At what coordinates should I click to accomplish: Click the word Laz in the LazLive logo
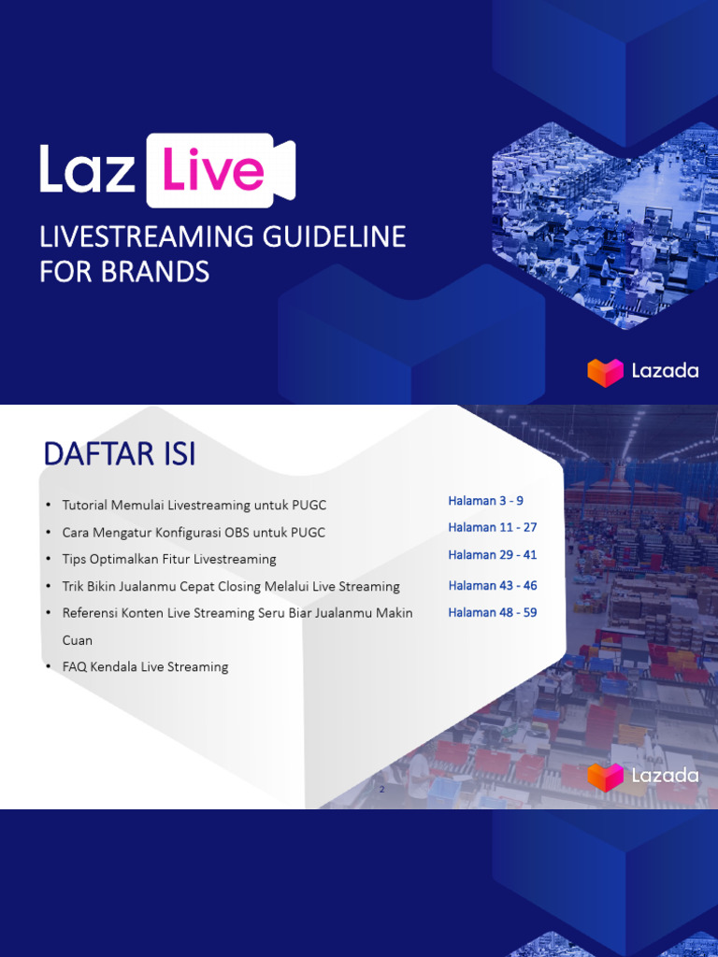(x=89, y=170)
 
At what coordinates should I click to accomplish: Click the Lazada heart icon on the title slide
(x=605, y=371)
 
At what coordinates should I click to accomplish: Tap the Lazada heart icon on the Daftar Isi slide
(x=605, y=776)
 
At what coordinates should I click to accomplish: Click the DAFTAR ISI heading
(x=120, y=455)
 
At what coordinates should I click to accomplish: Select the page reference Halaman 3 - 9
(x=485, y=501)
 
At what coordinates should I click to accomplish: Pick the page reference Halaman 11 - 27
(x=492, y=527)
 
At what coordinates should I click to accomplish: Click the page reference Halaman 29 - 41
(x=492, y=554)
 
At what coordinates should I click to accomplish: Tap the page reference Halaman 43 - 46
(x=492, y=585)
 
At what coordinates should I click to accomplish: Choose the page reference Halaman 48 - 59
(x=492, y=612)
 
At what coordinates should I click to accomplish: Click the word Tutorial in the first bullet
(x=85, y=506)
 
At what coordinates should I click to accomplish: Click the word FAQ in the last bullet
(x=75, y=667)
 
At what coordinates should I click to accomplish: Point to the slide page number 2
(x=381, y=791)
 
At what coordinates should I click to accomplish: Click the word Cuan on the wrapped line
(x=78, y=640)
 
